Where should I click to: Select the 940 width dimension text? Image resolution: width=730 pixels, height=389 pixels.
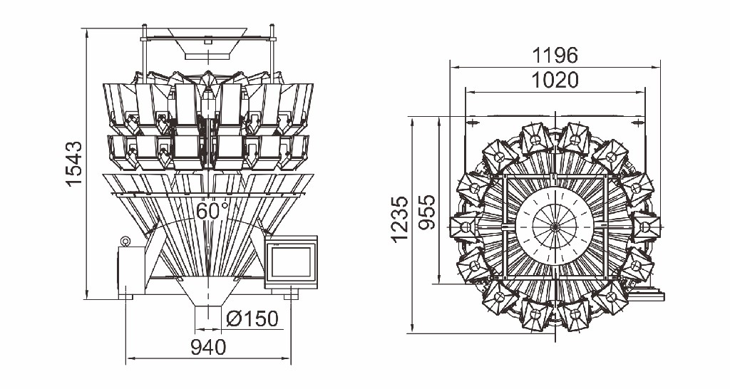(x=208, y=348)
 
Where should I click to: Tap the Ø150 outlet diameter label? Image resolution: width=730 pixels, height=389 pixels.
(x=252, y=318)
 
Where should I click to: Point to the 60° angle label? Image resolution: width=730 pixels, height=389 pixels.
(x=212, y=212)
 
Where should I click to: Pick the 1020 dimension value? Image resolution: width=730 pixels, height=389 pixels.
(x=555, y=80)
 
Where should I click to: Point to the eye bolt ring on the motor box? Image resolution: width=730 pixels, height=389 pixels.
(x=125, y=242)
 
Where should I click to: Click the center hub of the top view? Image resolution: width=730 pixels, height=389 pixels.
(x=555, y=226)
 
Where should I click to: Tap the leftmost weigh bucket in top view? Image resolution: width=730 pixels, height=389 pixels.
(x=465, y=227)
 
